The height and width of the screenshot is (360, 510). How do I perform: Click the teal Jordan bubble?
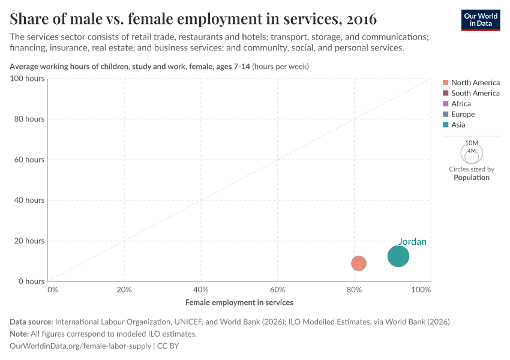tap(398, 256)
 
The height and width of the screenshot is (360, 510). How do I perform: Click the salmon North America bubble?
tap(358, 263)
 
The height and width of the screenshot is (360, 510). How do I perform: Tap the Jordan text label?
tap(412, 242)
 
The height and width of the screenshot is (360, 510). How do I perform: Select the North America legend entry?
tap(475, 82)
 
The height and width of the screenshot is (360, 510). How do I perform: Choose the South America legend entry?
tap(475, 93)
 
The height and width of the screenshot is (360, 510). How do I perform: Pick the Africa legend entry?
tap(461, 104)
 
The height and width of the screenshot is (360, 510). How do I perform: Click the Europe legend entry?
tap(463, 114)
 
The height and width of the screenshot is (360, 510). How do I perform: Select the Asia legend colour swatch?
tap(445, 125)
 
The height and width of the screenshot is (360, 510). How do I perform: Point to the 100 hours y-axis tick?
tap(27, 79)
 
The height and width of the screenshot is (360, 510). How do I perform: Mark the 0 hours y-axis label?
tap(31, 281)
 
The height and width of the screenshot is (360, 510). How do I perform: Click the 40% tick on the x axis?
tap(200, 290)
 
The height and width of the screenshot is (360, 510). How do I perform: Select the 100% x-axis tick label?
tap(421, 290)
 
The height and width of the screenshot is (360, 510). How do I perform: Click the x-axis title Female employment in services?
tap(239, 302)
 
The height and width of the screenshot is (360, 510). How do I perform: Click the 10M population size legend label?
tap(472, 143)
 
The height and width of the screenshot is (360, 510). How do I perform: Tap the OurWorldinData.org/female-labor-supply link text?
tap(80, 346)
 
